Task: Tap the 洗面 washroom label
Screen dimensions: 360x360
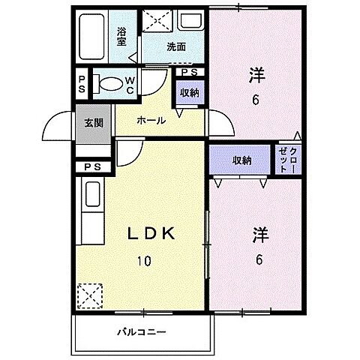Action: pyautogui.click(x=176, y=46)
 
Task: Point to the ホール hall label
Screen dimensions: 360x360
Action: pyautogui.click(x=151, y=120)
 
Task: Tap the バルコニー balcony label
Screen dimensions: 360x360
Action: pyautogui.click(x=141, y=331)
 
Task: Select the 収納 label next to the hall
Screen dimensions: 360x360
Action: pyautogui.click(x=189, y=93)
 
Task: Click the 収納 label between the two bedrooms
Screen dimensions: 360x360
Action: pyautogui.click(x=241, y=160)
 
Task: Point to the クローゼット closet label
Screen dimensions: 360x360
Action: pyautogui.click(x=289, y=159)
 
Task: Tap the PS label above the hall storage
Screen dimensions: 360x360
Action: pyautogui.click(x=189, y=72)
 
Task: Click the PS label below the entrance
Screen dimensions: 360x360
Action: pyautogui.click(x=93, y=166)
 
